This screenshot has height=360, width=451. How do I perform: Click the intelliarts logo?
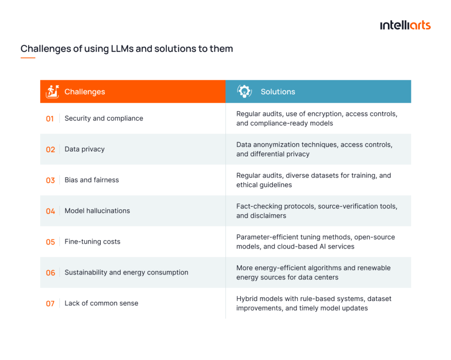pyautogui.click(x=405, y=25)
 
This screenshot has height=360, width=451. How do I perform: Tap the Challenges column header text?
pyautogui.click(x=85, y=92)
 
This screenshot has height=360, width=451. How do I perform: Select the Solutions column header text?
pyautogui.click(x=277, y=92)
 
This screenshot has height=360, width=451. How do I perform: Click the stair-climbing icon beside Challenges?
pyautogui.click(x=52, y=91)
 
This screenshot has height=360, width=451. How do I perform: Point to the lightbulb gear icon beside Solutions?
pyautogui.click(x=244, y=91)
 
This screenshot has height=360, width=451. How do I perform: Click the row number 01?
pyautogui.click(x=50, y=119)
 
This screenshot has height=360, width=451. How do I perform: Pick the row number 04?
pyautogui.click(x=50, y=211)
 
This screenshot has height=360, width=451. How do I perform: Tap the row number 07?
pyautogui.click(x=50, y=304)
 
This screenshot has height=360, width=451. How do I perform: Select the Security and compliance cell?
pyautogui.click(x=104, y=118)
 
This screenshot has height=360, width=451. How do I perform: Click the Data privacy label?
pyautogui.click(x=85, y=149)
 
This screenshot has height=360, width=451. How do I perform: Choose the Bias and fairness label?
pyautogui.click(x=92, y=180)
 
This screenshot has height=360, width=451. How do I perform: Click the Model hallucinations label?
pyautogui.click(x=97, y=211)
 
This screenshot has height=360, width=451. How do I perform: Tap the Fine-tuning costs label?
pyautogui.click(x=92, y=241)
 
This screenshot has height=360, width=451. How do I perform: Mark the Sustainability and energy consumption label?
pyautogui.click(x=126, y=272)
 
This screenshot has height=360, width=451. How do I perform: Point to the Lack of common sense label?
pyautogui.click(x=101, y=303)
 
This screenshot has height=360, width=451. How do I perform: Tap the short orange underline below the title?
pyautogui.click(x=28, y=58)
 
